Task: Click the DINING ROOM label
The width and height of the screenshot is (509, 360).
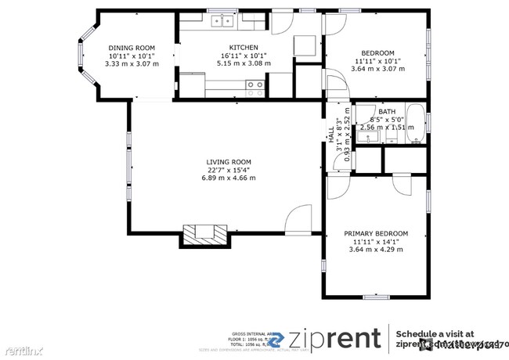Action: point(132,48)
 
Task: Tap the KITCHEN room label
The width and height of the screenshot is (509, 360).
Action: point(232,48)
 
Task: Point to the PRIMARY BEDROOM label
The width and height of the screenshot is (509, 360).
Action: point(376,233)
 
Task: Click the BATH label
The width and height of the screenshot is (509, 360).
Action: point(387,112)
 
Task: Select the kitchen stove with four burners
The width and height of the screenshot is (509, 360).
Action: point(255,88)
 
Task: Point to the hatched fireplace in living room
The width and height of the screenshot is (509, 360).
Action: point(205,233)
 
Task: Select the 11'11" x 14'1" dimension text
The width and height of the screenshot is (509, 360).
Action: point(376,242)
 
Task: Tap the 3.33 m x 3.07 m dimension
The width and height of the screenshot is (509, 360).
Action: point(132,63)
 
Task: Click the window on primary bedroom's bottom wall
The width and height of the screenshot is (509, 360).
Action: point(375,296)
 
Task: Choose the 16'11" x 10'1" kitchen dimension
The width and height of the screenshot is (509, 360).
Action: point(232,56)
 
